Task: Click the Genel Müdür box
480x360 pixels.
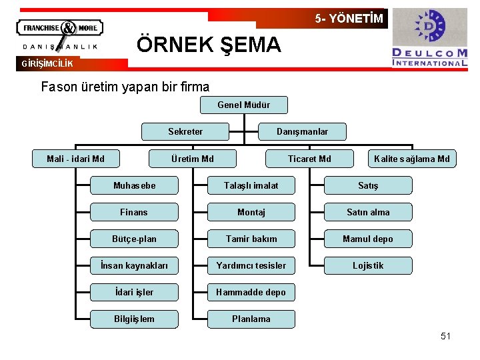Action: [243, 105]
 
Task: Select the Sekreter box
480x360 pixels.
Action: [185, 131]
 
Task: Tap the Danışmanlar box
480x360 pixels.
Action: [302, 131]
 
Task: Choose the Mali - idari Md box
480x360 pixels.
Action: [75, 159]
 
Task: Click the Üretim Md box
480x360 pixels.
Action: [193, 159]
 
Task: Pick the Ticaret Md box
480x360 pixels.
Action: [309, 159]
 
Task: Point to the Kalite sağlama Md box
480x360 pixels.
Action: [411, 159]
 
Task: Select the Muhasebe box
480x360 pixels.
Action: [134, 185]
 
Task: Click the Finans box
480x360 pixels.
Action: [134, 212]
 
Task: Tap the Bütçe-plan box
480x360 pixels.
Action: [134, 239]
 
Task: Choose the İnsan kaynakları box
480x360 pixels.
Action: [134, 265]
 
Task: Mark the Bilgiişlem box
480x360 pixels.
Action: [134, 319]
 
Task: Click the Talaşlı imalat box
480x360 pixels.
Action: [251, 185]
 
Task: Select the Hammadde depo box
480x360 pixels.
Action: [251, 292]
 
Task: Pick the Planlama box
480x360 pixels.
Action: [251, 319]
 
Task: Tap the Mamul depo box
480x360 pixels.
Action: [368, 239]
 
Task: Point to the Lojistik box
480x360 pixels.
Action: [368, 265]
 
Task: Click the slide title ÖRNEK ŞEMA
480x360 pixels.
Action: [209, 45]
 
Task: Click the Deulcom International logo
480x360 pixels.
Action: [429, 38]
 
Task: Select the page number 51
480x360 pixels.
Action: [445, 336]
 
